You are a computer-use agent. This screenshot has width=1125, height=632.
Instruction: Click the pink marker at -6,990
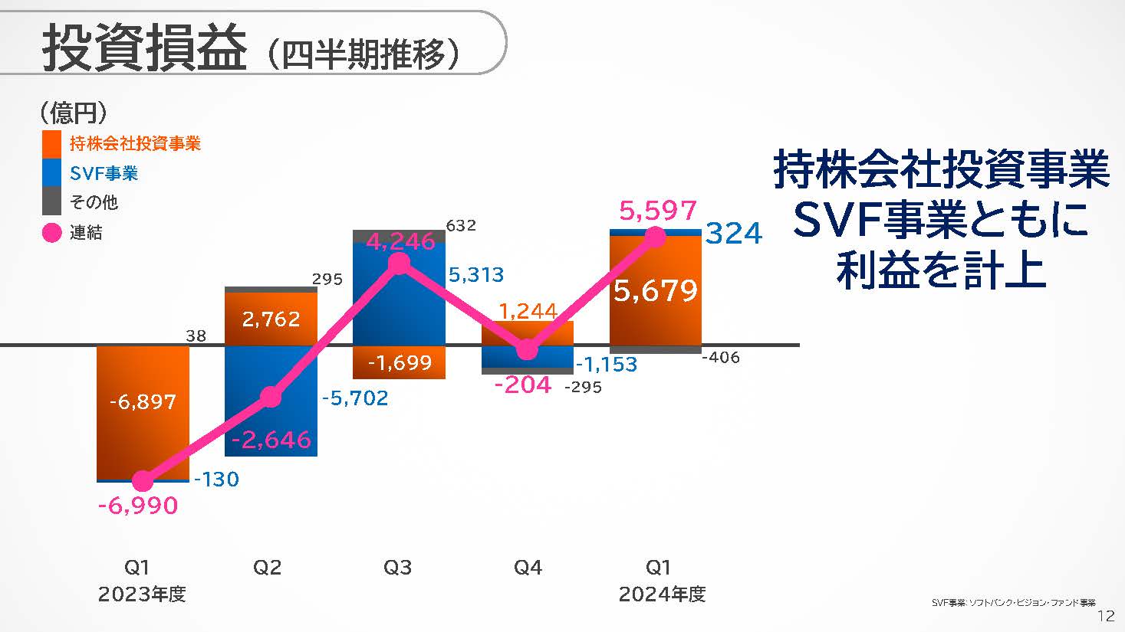coord(143,481)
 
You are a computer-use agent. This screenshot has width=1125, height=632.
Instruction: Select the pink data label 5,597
coord(658,211)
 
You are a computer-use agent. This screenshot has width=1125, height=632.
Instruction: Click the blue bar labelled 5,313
coord(399,291)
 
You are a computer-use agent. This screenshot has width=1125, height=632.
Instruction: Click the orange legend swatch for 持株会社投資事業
coord(51,143)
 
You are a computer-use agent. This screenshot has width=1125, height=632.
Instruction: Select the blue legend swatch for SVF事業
coord(51,172)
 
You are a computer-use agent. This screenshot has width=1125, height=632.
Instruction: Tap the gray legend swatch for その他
coord(51,201)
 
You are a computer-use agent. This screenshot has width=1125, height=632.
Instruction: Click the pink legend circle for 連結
coord(51,232)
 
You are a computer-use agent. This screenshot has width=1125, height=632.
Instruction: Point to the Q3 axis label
coord(397,568)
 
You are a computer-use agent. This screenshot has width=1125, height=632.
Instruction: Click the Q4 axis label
coord(528,568)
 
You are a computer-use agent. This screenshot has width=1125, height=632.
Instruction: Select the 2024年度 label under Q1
coord(662,594)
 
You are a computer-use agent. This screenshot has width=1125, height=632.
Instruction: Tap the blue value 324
coord(734,234)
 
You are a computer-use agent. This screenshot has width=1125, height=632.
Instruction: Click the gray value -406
coord(721,358)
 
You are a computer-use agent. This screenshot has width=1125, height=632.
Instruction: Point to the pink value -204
coord(522,385)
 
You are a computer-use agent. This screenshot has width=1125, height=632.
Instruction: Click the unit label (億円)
coord(74,113)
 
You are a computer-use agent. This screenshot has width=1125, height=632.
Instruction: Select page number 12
coord(1106,617)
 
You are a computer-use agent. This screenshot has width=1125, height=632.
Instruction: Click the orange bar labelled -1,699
coord(399,362)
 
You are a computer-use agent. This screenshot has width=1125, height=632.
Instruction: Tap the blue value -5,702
coord(354,398)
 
